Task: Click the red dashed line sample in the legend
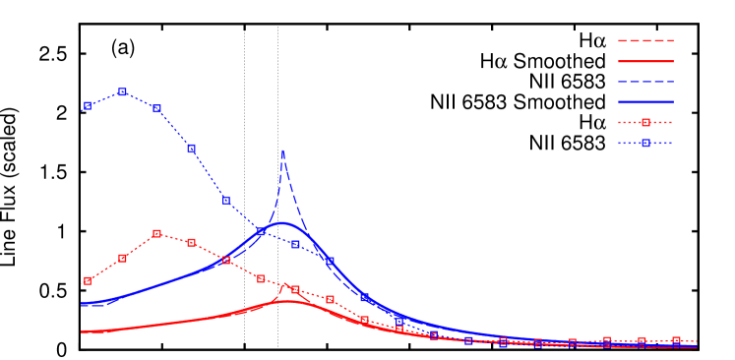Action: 645,40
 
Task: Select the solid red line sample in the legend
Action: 645,61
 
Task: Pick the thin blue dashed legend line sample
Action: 645,81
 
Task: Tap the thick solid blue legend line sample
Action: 645,101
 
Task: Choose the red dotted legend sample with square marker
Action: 645,122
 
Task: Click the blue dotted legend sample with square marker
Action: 645,143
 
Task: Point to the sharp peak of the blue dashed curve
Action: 282,151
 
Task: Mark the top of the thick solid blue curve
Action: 283,223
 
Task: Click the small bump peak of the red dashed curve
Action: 285,285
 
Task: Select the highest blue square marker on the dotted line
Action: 122,91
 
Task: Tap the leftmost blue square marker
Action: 88,105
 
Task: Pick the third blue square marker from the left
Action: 156,108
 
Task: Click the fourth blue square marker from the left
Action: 191,148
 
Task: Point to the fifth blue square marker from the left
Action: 225,200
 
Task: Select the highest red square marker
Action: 156,233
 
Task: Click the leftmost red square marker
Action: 88,280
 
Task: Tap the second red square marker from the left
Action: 122,258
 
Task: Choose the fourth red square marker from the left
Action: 191,242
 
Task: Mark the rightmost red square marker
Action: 676,340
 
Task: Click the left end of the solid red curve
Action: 82,331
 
